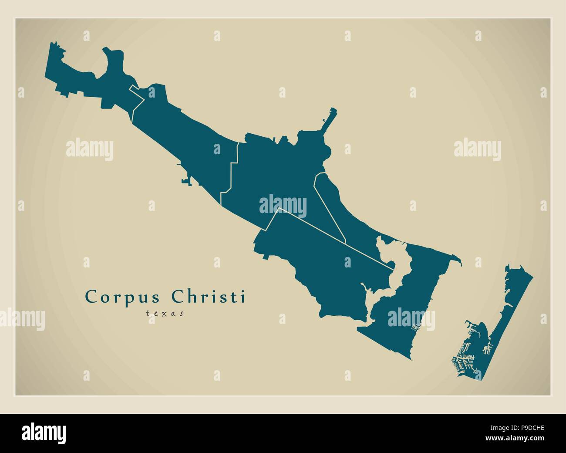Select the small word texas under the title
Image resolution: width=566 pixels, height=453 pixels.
[165, 312]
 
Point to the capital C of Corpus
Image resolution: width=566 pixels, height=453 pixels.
[91, 297]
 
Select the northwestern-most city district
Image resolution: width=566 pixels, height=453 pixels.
[87, 74]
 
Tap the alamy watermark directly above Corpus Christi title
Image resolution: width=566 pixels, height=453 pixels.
[90, 149]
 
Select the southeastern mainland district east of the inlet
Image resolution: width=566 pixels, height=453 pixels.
[409, 305]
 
